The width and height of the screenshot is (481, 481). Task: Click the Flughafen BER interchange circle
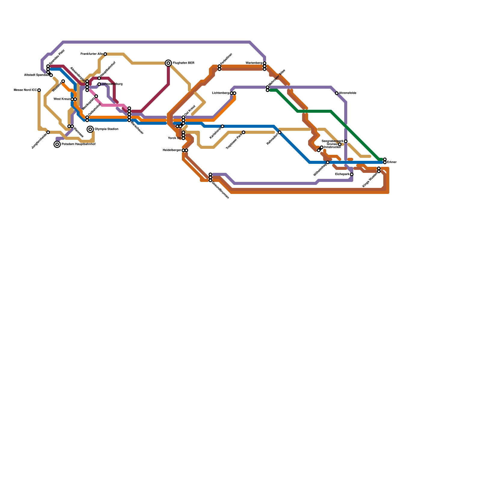click(168, 63)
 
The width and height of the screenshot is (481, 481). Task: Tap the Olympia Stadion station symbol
click(90, 129)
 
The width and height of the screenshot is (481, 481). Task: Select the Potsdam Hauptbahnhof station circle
click(57, 144)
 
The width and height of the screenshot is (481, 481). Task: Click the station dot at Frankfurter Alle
click(105, 54)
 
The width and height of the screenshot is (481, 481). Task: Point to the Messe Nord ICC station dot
click(39, 90)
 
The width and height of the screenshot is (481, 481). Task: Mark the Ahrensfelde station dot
click(337, 93)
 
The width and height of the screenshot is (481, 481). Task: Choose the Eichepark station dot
click(352, 174)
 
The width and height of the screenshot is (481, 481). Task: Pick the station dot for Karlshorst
click(222, 126)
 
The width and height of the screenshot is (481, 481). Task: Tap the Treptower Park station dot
click(244, 132)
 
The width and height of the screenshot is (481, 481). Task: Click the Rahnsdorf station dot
click(280, 132)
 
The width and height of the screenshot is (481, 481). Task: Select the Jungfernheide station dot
click(48, 132)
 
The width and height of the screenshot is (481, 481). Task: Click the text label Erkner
click(392, 162)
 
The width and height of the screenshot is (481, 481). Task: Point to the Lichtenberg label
click(221, 93)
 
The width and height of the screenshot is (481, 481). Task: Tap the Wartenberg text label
click(254, 63)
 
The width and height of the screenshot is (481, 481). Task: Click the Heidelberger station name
click(172, 150)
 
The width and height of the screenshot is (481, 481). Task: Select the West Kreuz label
click(62, 99)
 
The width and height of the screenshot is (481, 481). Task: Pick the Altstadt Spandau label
click(36, 75)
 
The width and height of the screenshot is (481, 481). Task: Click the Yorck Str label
click(174, 138)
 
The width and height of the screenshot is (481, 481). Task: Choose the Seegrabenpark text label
click(332, 141)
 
